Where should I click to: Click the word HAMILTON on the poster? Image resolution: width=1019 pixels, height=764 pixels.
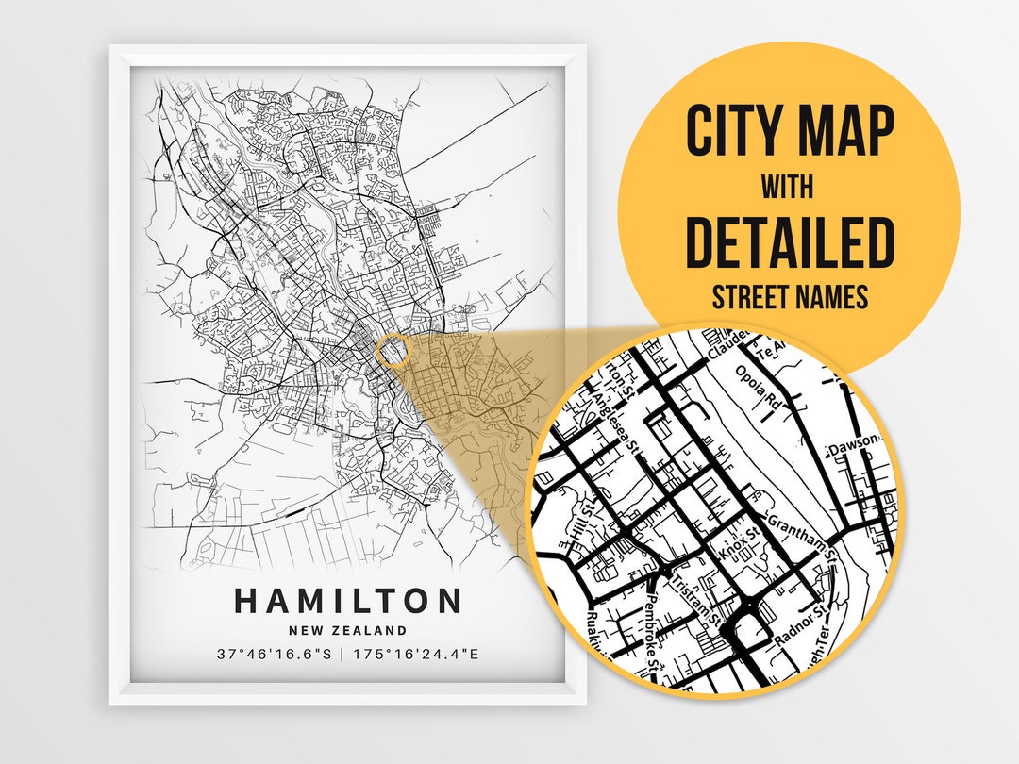click(348, 601)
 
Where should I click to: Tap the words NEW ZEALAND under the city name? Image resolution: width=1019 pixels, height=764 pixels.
click(348, 630)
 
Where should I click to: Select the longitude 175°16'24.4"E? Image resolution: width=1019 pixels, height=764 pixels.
click(414, 653)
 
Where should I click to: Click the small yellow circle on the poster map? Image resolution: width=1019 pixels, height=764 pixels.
click(394, 351)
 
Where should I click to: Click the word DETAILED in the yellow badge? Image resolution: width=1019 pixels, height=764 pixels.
click(789, 242)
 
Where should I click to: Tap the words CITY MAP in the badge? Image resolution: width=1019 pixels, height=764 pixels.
click(789, 131)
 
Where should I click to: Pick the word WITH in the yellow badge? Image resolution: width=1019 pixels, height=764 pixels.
click(789, 187)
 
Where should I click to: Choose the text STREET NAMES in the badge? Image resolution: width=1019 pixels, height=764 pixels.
click(789, 298)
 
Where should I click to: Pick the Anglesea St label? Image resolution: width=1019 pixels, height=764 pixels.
click(614, 421)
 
